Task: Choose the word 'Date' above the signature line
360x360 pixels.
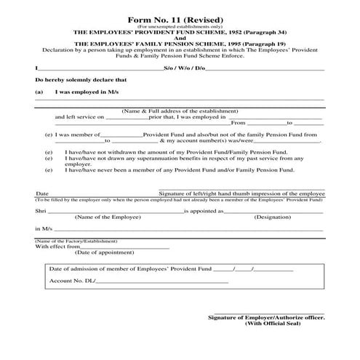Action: click(x=42, y=194)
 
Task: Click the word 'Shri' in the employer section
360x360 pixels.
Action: click(x=41, y=209)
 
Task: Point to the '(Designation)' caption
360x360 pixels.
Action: click(x=273, y=217)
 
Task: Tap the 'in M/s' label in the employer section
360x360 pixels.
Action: click(x=44, y=228)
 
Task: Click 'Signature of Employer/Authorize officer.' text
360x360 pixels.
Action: click(x=266, y=317)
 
